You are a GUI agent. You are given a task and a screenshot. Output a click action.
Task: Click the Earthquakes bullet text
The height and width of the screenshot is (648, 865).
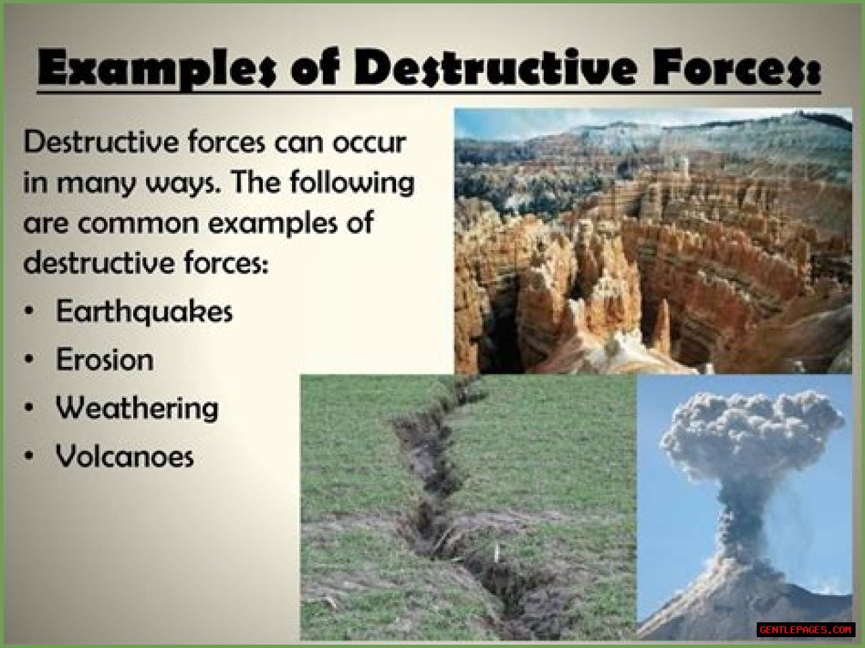[x=144, y=311]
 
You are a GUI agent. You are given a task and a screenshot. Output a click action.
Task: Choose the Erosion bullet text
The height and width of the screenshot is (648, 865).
[x=105, y=359]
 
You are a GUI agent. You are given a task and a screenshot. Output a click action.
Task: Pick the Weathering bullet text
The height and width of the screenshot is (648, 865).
[x=137, y=408]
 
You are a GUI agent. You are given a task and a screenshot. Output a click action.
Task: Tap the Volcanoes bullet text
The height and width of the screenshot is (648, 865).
[x=125, y=456]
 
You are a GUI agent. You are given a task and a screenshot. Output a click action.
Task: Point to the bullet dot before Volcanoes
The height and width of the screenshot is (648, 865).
[x=29, y=455]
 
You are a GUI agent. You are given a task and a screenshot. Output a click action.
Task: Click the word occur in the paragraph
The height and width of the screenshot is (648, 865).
[x=368, y=142]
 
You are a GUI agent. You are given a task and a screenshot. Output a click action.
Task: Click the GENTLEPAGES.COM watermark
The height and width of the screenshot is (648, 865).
[x=806, y=630]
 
